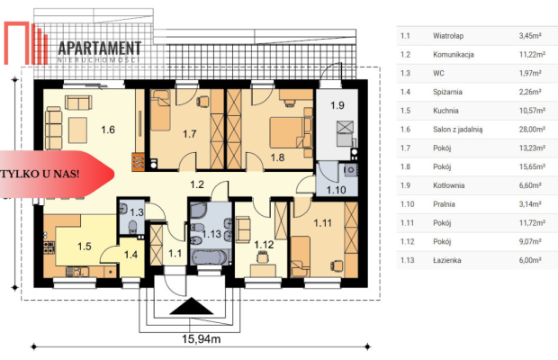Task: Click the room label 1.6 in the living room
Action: coord(108,130)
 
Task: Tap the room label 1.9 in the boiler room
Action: coord(337,105)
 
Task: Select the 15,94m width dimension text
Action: coord(202,339)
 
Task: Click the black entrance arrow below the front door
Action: coord(192,306)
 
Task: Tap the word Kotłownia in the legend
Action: coord(449,185)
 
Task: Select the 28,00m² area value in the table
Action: coord(532,129)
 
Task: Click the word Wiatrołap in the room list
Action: coord(448,36)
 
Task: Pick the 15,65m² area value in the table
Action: coord(532,166)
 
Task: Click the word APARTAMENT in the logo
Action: coord(100,48)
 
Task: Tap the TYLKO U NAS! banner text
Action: coord(40,174)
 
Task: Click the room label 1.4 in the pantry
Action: coord(131,255)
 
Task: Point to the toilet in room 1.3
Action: coord(132,228)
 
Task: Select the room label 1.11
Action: coord(322,223)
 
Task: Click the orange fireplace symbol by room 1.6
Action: coord(138,162)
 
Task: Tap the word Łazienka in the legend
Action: coord(447,260)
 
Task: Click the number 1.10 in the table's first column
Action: coord(408,204)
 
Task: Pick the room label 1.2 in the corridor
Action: coord(197,184)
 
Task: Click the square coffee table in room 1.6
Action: coord(78,130)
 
